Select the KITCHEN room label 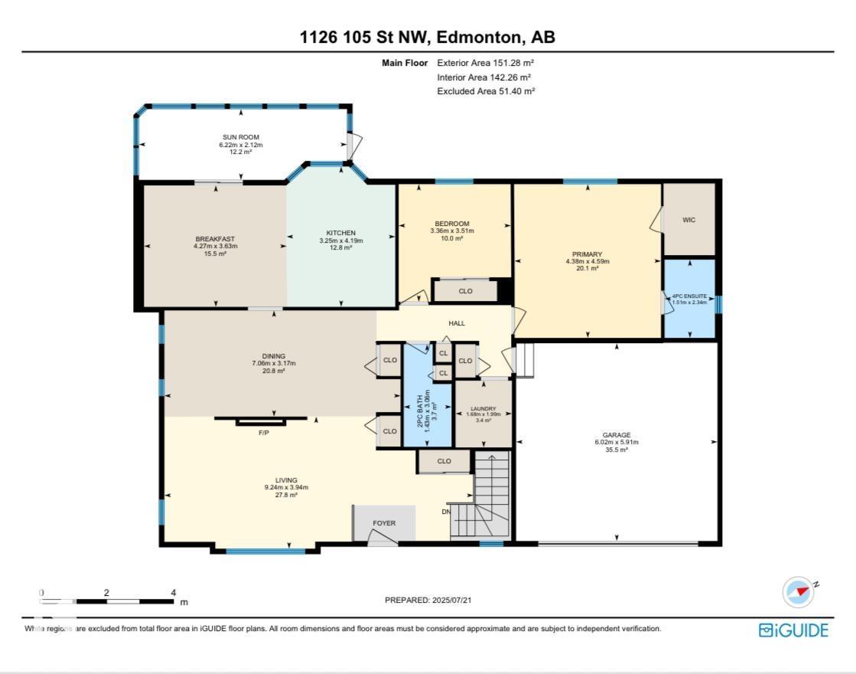coord(341,233)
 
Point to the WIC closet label coord(688,220)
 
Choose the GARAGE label coord(617,435)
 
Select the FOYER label coord(384,523)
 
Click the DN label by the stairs coord(447,512)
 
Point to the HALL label coord(457,323)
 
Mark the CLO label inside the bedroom coord(465,291)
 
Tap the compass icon coord(799,592)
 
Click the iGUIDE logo coord(793,630)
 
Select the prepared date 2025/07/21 coord(433,600)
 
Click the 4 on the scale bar coord(174,592)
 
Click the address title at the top coord(428,38)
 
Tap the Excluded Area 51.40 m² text coord(486,90)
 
